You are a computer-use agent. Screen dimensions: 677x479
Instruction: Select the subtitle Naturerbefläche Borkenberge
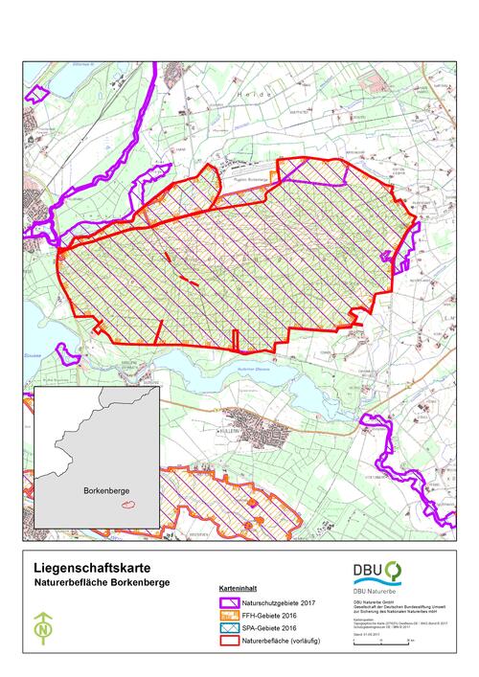(91, 580)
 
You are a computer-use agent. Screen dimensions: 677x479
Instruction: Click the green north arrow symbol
(43, 628)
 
